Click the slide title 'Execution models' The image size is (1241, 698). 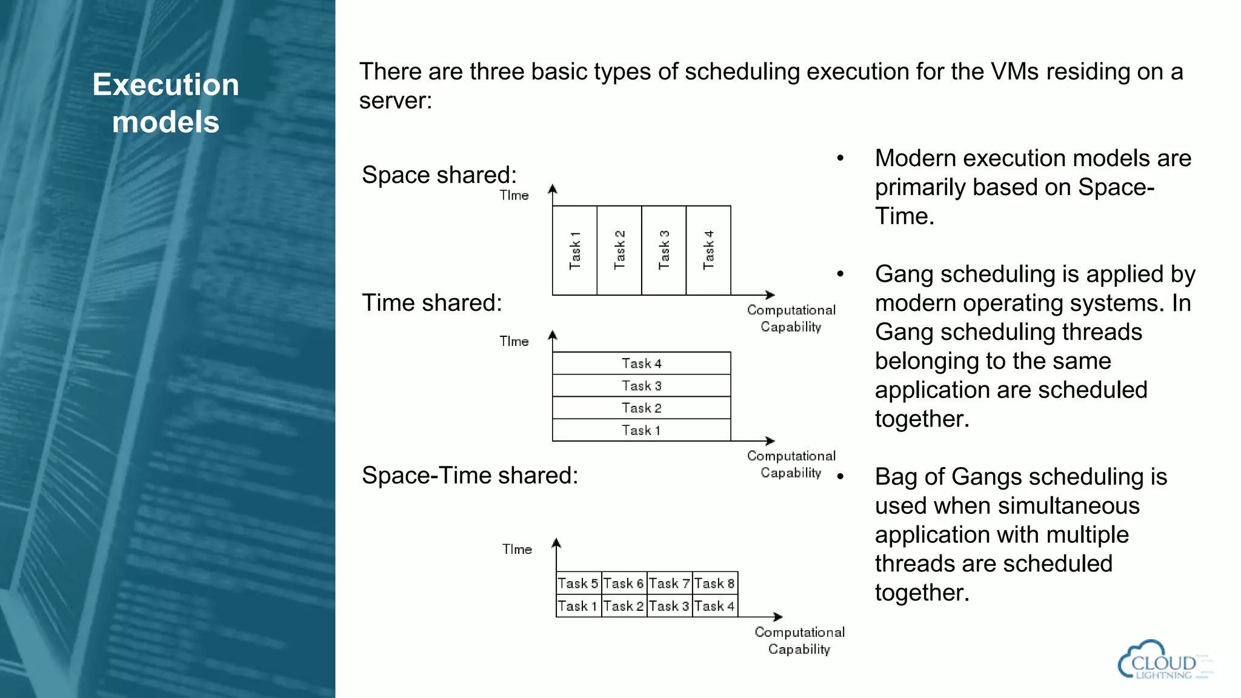tap(165, 103)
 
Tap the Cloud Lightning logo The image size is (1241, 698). tap(1163, 660)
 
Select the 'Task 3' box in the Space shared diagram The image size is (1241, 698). tap(664, 250)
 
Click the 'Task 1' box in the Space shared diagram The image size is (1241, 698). tap(575, 250)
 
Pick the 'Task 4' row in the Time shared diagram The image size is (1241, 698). tap(641, 364)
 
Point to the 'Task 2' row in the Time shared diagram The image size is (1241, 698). tap(641, 408)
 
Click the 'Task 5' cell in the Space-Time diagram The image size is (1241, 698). tap(579, 583)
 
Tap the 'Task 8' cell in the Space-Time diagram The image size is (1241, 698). tap(715, 583)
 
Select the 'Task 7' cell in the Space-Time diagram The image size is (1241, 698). tap(670, 583)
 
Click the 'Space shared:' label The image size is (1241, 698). tap(439, 175)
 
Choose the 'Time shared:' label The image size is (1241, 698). tap(432, 303)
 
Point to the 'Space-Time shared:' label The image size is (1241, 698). tap(470, 476)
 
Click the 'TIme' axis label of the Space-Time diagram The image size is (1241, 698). tap(517, 550)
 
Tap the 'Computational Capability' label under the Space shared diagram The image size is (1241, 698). tap(791, 318)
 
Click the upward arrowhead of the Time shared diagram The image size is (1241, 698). tap(553, 335)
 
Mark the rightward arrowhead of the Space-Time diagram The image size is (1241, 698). tap(778, 617)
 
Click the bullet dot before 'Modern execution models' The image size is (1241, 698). tap(840, 159)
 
